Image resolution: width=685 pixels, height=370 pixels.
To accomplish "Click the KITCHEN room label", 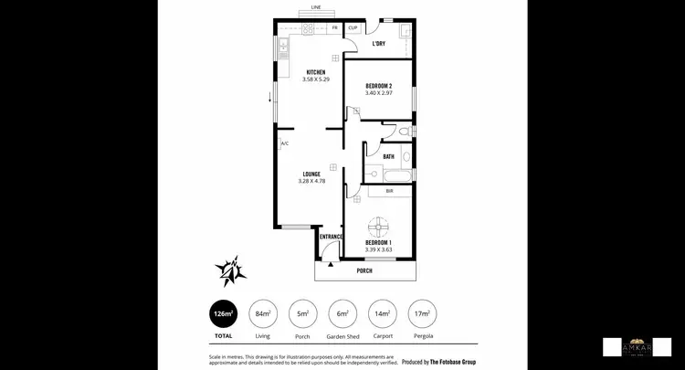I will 316,72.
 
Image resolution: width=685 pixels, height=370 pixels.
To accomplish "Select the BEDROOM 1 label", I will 378,242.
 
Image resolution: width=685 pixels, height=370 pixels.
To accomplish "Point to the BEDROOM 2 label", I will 377,86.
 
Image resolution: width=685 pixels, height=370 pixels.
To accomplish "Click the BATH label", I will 389,156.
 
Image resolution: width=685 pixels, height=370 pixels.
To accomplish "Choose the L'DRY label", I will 378,43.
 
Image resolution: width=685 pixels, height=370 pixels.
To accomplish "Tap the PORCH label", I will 364,270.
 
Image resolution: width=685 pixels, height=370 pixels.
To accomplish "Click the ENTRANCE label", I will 331,237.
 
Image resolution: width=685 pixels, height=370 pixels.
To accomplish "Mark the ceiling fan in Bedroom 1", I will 378,225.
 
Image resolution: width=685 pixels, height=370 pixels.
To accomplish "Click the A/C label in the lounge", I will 285,143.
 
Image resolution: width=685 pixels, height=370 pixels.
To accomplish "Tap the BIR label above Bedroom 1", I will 389,191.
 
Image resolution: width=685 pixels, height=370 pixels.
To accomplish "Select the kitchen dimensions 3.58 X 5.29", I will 316,79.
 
